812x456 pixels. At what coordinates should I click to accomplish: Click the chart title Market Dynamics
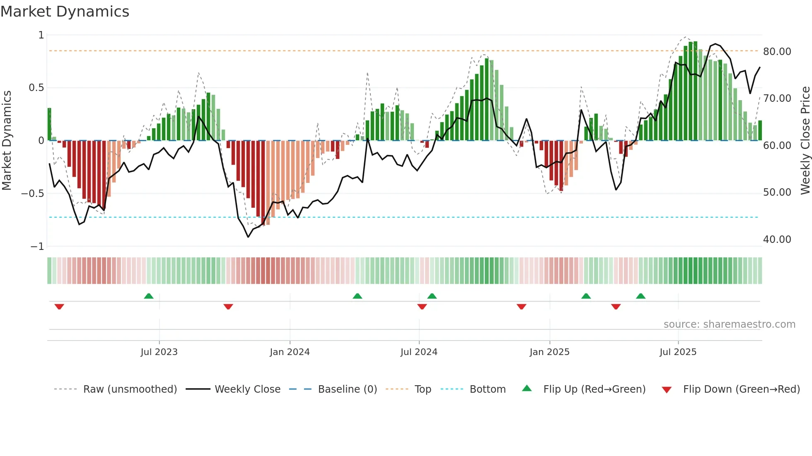tap(65, 12)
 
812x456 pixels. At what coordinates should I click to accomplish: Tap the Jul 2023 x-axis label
tap(159, 352)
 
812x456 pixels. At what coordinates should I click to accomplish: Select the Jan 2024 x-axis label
tap(290, 352)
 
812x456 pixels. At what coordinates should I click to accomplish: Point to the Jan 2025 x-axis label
tap(549, 352)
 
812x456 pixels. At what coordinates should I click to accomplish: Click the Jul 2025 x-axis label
tap(678, 352)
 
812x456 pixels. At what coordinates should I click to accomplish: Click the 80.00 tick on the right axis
tap(777, 52)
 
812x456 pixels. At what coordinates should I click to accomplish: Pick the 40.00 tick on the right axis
tap(777, 240)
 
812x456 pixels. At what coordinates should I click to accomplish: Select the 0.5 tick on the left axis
tap(36, 88)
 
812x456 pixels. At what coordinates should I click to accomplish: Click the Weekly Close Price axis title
tap(805, 141)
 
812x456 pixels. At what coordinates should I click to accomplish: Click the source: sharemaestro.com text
tap(729, 324)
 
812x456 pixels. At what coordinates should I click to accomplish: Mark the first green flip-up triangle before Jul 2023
tap(149, 296)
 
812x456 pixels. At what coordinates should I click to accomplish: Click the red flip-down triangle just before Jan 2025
tap(522, 307)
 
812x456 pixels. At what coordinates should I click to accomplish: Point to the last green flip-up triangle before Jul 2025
tap(640, 296)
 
